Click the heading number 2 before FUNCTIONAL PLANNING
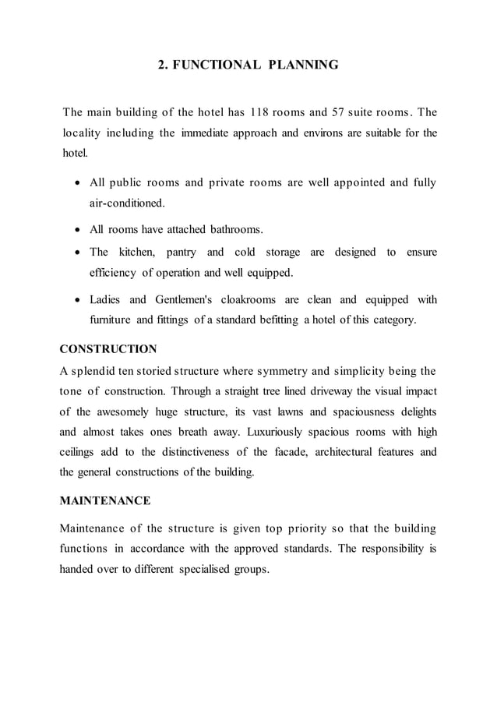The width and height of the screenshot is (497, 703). pos(161,65)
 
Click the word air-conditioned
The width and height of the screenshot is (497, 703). pos(127,203)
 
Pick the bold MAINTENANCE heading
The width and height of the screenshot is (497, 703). pos(105,500)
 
